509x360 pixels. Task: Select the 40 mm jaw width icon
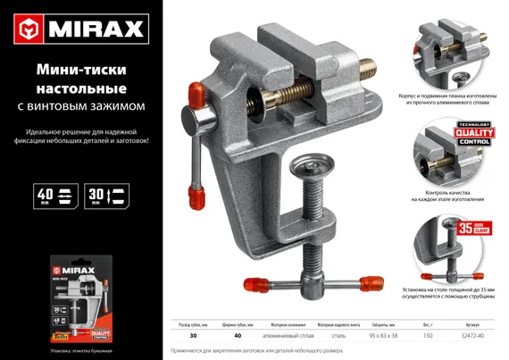(53, 197)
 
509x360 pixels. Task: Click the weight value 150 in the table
(427, 335)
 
